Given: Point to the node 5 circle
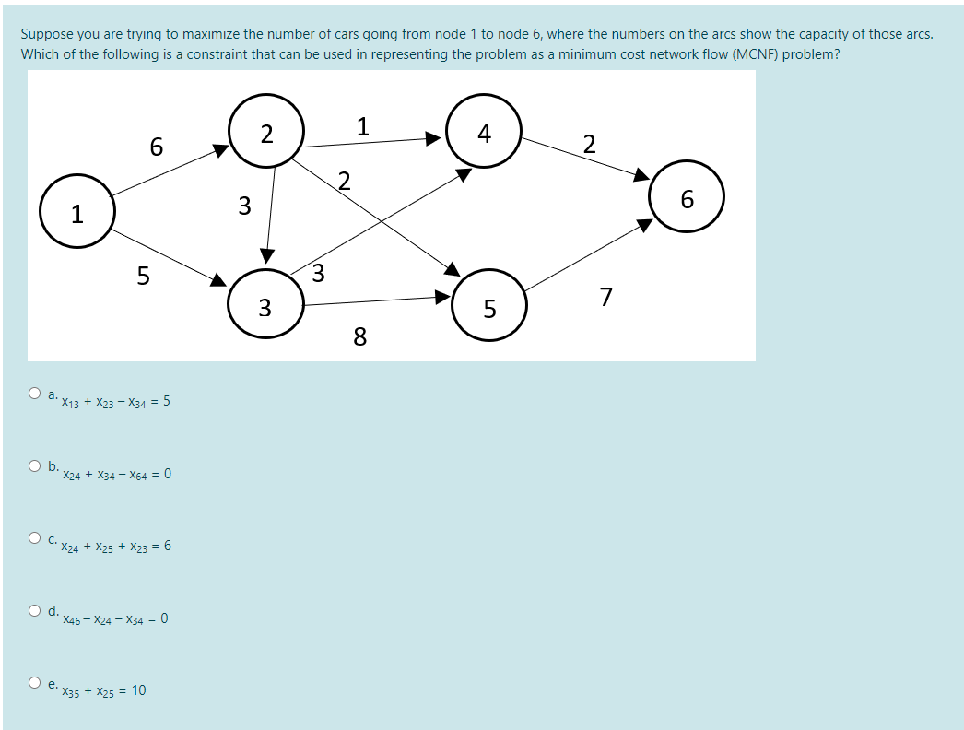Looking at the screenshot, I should tap(489, 305).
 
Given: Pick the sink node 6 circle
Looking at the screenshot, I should tap(687, 197).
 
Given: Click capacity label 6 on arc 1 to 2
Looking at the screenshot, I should tap(156, 147).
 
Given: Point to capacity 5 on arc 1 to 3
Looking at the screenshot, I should tap(143, 275).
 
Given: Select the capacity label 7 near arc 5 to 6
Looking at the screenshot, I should tap(605, 297).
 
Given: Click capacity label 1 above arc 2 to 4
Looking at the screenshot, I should tap(363, 125).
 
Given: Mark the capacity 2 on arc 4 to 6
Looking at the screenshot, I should tap(590, 144).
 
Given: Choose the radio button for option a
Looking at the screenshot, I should tap(34, 394).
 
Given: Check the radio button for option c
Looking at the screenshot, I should tap(34, 537).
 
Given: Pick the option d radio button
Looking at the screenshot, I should tap(34, 609).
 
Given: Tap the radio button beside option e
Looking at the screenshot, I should tap(34, 682).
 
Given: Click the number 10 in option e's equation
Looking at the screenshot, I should tap(138, 690).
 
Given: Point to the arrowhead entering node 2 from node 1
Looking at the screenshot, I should tap(222, 148).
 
